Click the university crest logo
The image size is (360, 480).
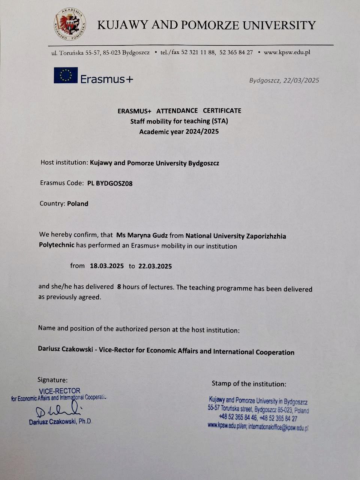tap(70, 25)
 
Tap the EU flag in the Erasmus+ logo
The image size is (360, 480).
tap(66, 75)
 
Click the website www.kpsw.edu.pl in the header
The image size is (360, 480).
tap(287, 52)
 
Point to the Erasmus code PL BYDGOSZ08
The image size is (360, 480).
tap(110, 183)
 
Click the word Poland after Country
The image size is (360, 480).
tap(78, 204)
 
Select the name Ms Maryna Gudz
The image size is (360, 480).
tap(142, 235)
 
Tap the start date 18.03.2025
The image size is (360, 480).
tap(107, 266)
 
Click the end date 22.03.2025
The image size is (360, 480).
tap(155, 266)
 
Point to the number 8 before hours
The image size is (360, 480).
tap(119, 287)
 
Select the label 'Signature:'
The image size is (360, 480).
tap(52, 380)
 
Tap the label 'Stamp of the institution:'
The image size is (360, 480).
tap(249, 384)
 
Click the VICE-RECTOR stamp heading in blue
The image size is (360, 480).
tap(60, 391)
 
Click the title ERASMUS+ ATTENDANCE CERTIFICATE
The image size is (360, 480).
tap(179, 111)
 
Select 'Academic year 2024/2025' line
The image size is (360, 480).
tap(179, 132)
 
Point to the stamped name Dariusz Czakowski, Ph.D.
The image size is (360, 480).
tap(60, 421)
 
